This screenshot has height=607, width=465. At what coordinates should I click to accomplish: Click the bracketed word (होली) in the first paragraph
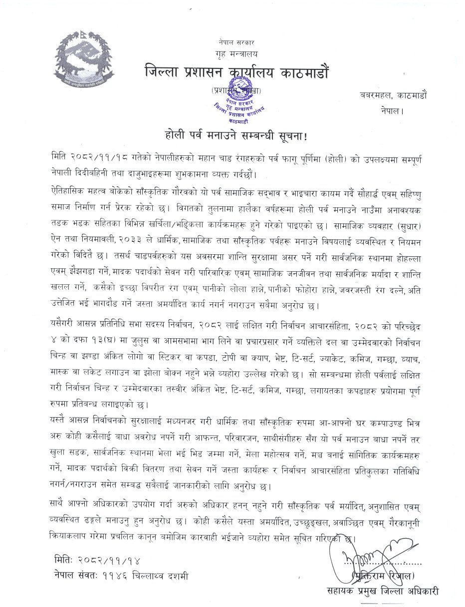pos(341,157)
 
